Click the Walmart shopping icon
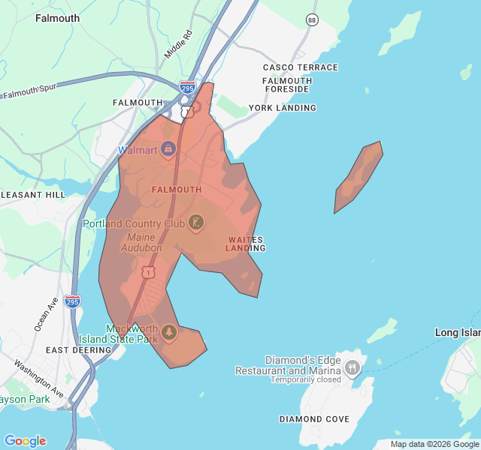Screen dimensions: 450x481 (168, 149)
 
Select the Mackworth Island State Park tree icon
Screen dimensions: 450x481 (168, 332)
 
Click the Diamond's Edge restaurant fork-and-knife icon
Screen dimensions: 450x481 (352, 367)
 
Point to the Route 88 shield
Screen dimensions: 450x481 (312, 19)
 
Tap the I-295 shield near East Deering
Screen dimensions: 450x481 (72, 301)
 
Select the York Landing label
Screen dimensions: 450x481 (283, 108)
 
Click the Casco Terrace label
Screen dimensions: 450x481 (301, 67)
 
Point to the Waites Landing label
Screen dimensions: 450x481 (246, 244)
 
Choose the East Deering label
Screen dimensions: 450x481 (79, 350)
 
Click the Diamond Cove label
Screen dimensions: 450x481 (314, 419)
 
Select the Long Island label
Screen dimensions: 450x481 (458, 332)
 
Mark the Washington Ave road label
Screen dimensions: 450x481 (38, 379)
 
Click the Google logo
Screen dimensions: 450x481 (25, 441)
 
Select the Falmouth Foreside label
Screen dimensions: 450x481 (287, 85)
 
